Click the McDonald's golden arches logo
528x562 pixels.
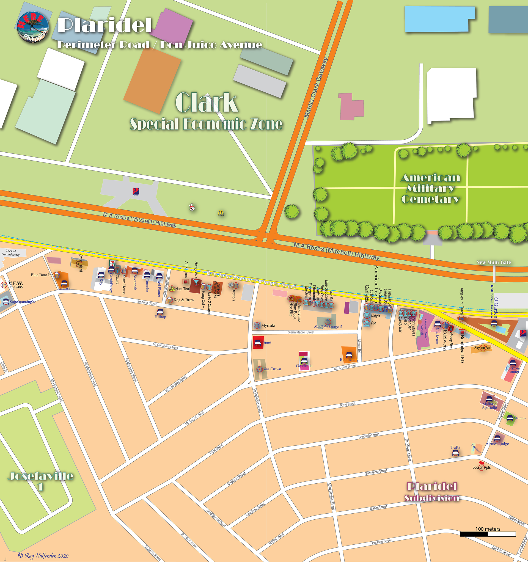(221, 213)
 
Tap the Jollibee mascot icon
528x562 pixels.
(192, 208)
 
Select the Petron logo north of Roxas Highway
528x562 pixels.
(136, 191)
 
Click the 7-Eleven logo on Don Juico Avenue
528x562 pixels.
(112, 263)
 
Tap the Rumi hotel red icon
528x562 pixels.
(258, 342)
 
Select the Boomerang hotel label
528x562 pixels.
(349, 360)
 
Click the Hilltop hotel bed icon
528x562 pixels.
(160, 312)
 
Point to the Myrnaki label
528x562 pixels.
(268, 325)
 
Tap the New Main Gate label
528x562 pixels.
(494, 262)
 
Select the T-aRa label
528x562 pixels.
(455, 447)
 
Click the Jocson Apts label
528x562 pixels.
(481, 467)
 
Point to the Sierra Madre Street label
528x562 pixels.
(301, 332)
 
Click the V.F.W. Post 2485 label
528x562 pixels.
(16, 284)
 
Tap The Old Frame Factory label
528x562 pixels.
(11, 253)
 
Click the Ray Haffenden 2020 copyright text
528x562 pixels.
(44, 556)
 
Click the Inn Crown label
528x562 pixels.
(272, 369)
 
